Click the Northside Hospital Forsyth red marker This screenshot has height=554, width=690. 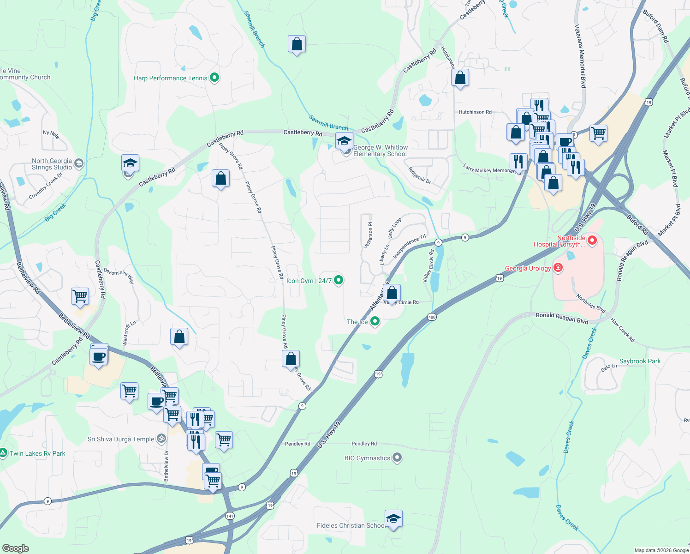pyautogui.click(x=592, y=241)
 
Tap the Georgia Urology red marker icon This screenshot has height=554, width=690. pyautogui.click(x=558, y=268)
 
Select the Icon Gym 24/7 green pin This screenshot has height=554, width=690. pyautogui.click(x=339, y=280)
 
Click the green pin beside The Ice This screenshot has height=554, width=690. pyautogui.click(x=375, y=321)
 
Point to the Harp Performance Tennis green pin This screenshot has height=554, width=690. pyautogui.click(x=214, y=78)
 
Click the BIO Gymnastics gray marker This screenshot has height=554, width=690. pyautogui.click(x=397, y=458)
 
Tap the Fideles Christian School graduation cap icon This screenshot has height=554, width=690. pyautogui.click(x=393, y=519)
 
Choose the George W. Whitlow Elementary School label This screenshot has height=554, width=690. pyautogui.click(x=380, y=151)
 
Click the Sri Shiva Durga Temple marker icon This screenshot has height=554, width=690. pyautogui.click(x=161, y=439)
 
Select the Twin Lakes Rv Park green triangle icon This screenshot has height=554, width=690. pyautogui.click(x=4, y=453)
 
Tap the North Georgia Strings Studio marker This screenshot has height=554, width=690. pyautogui.click(x=79, y=163)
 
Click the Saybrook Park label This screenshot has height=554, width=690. pyautogui.click(x=640, y=361)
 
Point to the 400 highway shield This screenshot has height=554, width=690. pyautogui.click(x=432, y=317)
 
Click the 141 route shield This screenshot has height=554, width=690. pyautogui.click(x=230, y=515)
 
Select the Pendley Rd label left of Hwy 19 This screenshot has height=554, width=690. pyautogui.click(x=297, y=444)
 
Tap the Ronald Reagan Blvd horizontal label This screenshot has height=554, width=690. pyautogui.click(x=562, y=318)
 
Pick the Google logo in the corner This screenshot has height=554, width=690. pyautogui.click(x=15, y=548)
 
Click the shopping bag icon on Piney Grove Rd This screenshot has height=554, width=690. pyautogui.click(x=291, y=359)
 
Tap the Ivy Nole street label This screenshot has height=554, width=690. pyautogui.click(x=51, y=134)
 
